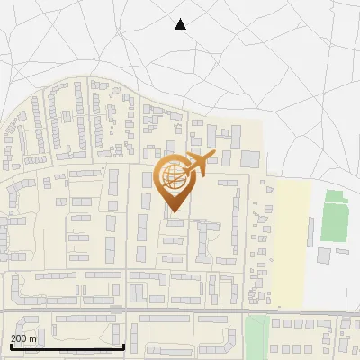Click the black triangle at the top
(180, 24)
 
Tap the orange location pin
(172, 183)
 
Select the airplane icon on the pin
(198, 164)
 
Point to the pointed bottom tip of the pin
(172, 211)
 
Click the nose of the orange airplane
(214, 155)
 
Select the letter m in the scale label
(32, 338)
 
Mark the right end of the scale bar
(123, 346)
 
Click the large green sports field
(335, 223)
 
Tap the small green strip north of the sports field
(334, 196)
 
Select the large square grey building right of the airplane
(249, 159)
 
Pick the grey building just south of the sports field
(323, 256)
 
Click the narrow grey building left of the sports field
(310, 231)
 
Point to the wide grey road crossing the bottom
(180, 311)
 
